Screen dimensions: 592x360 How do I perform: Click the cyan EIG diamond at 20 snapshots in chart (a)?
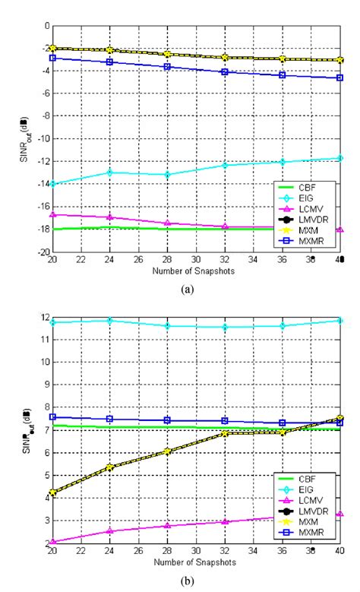52,184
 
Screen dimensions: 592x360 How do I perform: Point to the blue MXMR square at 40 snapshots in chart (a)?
339,78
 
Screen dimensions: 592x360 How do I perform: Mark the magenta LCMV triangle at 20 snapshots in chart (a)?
52,214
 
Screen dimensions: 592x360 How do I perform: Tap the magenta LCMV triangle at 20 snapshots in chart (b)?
52,542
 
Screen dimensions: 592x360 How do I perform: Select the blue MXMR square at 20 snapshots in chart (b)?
52,416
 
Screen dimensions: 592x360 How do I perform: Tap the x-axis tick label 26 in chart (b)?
139,552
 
